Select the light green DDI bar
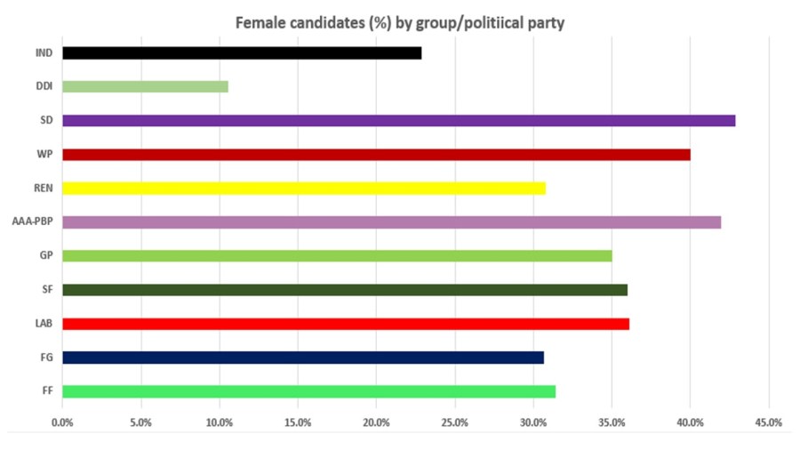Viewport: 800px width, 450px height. (145, 87)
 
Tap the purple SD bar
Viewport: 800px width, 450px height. (398, 121)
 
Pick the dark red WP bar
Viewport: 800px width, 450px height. (376, 155)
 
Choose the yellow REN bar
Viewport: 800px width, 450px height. (303, 189)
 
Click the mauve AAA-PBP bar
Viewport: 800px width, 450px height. (391, 222)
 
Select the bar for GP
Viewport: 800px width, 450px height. (337, 256)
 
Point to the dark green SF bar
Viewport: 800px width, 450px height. (345, 290)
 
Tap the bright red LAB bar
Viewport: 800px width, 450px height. (346, 324)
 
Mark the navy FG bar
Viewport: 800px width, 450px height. (303, 358)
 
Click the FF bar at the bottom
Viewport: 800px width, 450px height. (308, 391)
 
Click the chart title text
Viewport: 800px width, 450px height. (399, 23)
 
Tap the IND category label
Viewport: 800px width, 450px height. (44, 53)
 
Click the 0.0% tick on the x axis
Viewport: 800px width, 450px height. (62, 422)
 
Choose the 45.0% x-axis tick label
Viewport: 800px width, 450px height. (768, 422)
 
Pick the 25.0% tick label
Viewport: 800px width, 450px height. (454, 422)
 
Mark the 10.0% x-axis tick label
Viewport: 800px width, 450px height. (220, 422)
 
